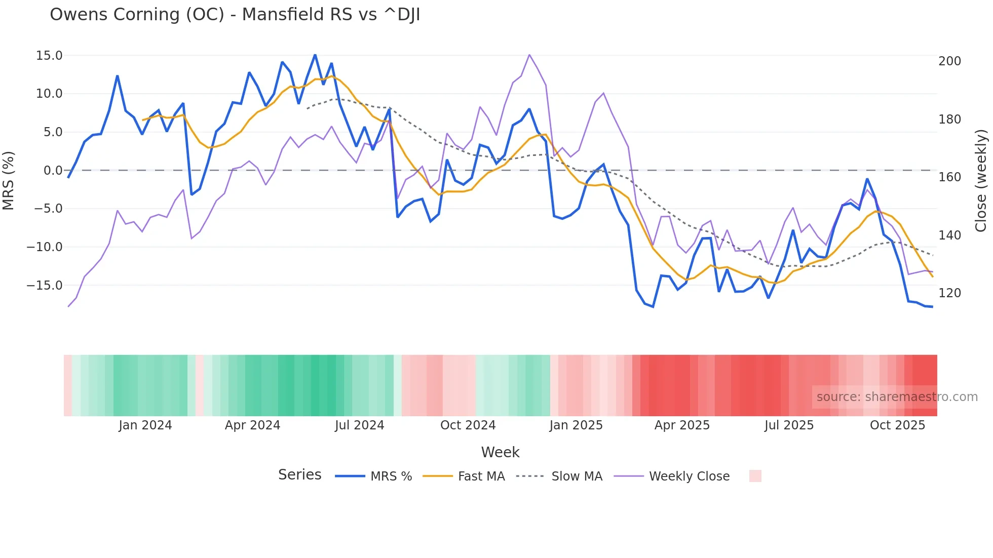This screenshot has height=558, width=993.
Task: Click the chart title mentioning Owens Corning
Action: click(235, 15)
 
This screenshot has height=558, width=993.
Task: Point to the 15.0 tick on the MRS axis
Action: click(49, 55)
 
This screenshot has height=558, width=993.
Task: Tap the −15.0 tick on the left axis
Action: click(45, 285)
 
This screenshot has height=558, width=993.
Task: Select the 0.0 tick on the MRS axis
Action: click(53, 170)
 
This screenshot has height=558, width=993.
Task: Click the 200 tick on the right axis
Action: click(949, 61)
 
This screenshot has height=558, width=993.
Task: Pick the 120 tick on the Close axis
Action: click(949, 293)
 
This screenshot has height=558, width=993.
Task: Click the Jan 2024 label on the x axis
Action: click(145, 425)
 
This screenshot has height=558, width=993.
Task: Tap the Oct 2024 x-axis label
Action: click(468, 425)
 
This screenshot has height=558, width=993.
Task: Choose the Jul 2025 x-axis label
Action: click(789, 425)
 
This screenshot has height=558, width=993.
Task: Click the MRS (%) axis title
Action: click(9, 180)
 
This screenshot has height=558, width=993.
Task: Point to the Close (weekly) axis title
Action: click(981, 181)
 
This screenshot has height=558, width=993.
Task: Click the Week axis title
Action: click(500, 452)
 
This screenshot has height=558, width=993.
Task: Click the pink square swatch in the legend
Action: click(755, 476)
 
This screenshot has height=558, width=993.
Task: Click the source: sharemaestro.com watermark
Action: click(897, 397)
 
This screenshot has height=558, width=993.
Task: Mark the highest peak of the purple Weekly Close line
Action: click(529, 55)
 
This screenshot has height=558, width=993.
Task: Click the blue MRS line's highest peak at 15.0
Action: click(315, 55)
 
